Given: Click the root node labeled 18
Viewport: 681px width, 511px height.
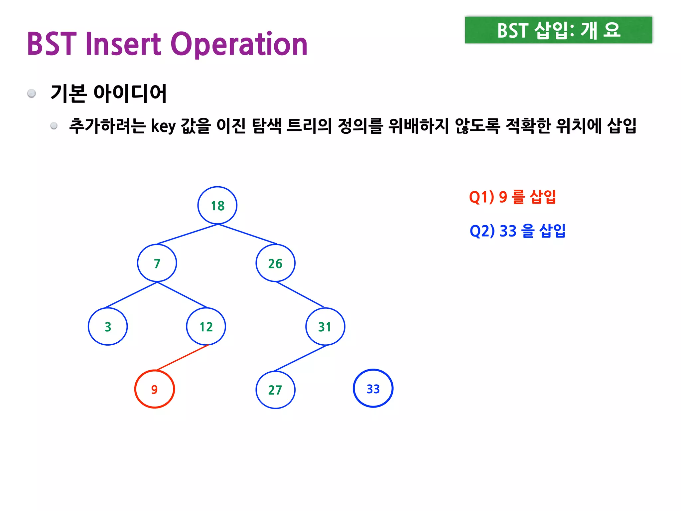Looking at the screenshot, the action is [217, 206].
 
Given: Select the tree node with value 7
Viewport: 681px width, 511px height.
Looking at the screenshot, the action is [157, 263].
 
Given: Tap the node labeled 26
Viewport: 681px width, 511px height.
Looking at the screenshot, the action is [275, 263].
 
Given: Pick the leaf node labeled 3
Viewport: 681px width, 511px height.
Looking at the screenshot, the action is [108, 326].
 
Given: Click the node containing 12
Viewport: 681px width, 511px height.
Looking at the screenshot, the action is [206, 326].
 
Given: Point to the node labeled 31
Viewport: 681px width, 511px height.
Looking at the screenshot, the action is [325, 326].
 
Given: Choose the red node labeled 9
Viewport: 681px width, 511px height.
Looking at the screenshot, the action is [155, 389].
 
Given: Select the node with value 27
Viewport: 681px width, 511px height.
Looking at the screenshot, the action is [275, 390].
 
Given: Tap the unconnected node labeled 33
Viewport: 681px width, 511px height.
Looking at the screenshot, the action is [373, 388].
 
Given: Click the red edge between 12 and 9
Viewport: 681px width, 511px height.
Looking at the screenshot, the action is [182, 358].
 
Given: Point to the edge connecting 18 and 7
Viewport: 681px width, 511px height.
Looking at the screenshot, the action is [187, 234].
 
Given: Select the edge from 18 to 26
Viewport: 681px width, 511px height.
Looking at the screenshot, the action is [247, 234].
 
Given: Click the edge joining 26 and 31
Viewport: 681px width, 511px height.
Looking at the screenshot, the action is [300, 294].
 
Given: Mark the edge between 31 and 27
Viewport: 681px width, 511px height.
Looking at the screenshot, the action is [300, 358].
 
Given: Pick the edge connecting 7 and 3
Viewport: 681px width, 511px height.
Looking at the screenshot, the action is [131, 295].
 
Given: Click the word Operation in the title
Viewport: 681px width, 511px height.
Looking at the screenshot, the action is [239, 44].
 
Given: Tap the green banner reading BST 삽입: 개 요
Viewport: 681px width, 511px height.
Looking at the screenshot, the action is [558, 30].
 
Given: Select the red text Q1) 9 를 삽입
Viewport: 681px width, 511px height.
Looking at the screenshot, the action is [512, 197].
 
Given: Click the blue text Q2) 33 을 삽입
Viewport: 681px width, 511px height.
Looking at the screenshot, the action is [517, 231].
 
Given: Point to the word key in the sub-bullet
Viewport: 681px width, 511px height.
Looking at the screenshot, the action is [163, 126].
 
